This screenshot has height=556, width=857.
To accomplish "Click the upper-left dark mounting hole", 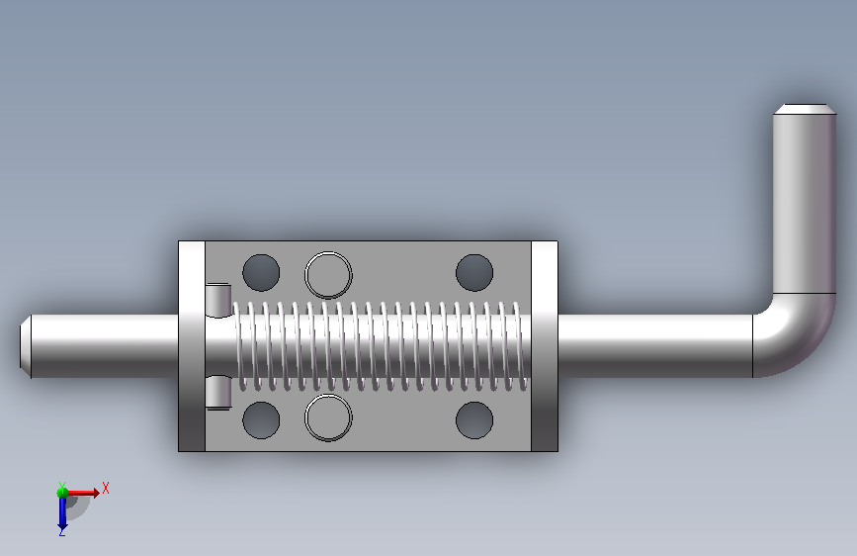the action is pyautogui.click(x=261, y=272).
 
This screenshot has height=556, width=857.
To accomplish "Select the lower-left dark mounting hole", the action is pyautogui.click(x=261, y=419).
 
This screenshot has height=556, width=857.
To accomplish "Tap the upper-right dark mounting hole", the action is pyautogui.click(x=474, y=272).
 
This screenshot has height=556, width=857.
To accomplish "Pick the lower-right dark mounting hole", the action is pyautogui.click(x=474, y=419).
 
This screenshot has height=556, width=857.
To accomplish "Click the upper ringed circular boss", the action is pyautogui.click(x=328, y=275).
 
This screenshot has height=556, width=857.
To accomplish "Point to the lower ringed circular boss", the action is pyautogui.click(x=328, y=417).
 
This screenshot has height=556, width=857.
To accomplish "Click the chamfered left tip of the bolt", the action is pyautogui.click(x=25, y=346).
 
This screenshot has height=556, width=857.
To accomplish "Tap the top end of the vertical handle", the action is pyautogui.click(x=805, y=109).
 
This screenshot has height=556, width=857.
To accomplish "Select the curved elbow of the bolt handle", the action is pyautogui.click(x=793, y=335).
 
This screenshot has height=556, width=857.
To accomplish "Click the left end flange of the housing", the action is pyautogui.click(x=192, y=346).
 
